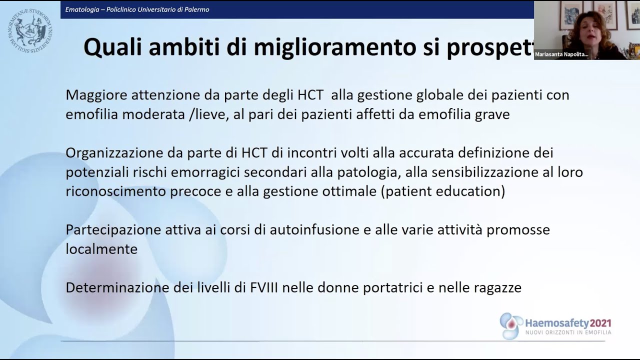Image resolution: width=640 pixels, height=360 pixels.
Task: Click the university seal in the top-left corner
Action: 30,30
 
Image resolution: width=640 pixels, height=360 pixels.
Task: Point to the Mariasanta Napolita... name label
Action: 561,54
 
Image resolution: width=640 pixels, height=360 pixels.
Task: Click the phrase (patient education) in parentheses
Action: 442,191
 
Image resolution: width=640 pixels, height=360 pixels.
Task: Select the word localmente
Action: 101,249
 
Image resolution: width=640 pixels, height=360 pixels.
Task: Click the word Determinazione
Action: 117,288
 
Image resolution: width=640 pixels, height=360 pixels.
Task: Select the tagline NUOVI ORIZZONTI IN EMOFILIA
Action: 568,332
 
